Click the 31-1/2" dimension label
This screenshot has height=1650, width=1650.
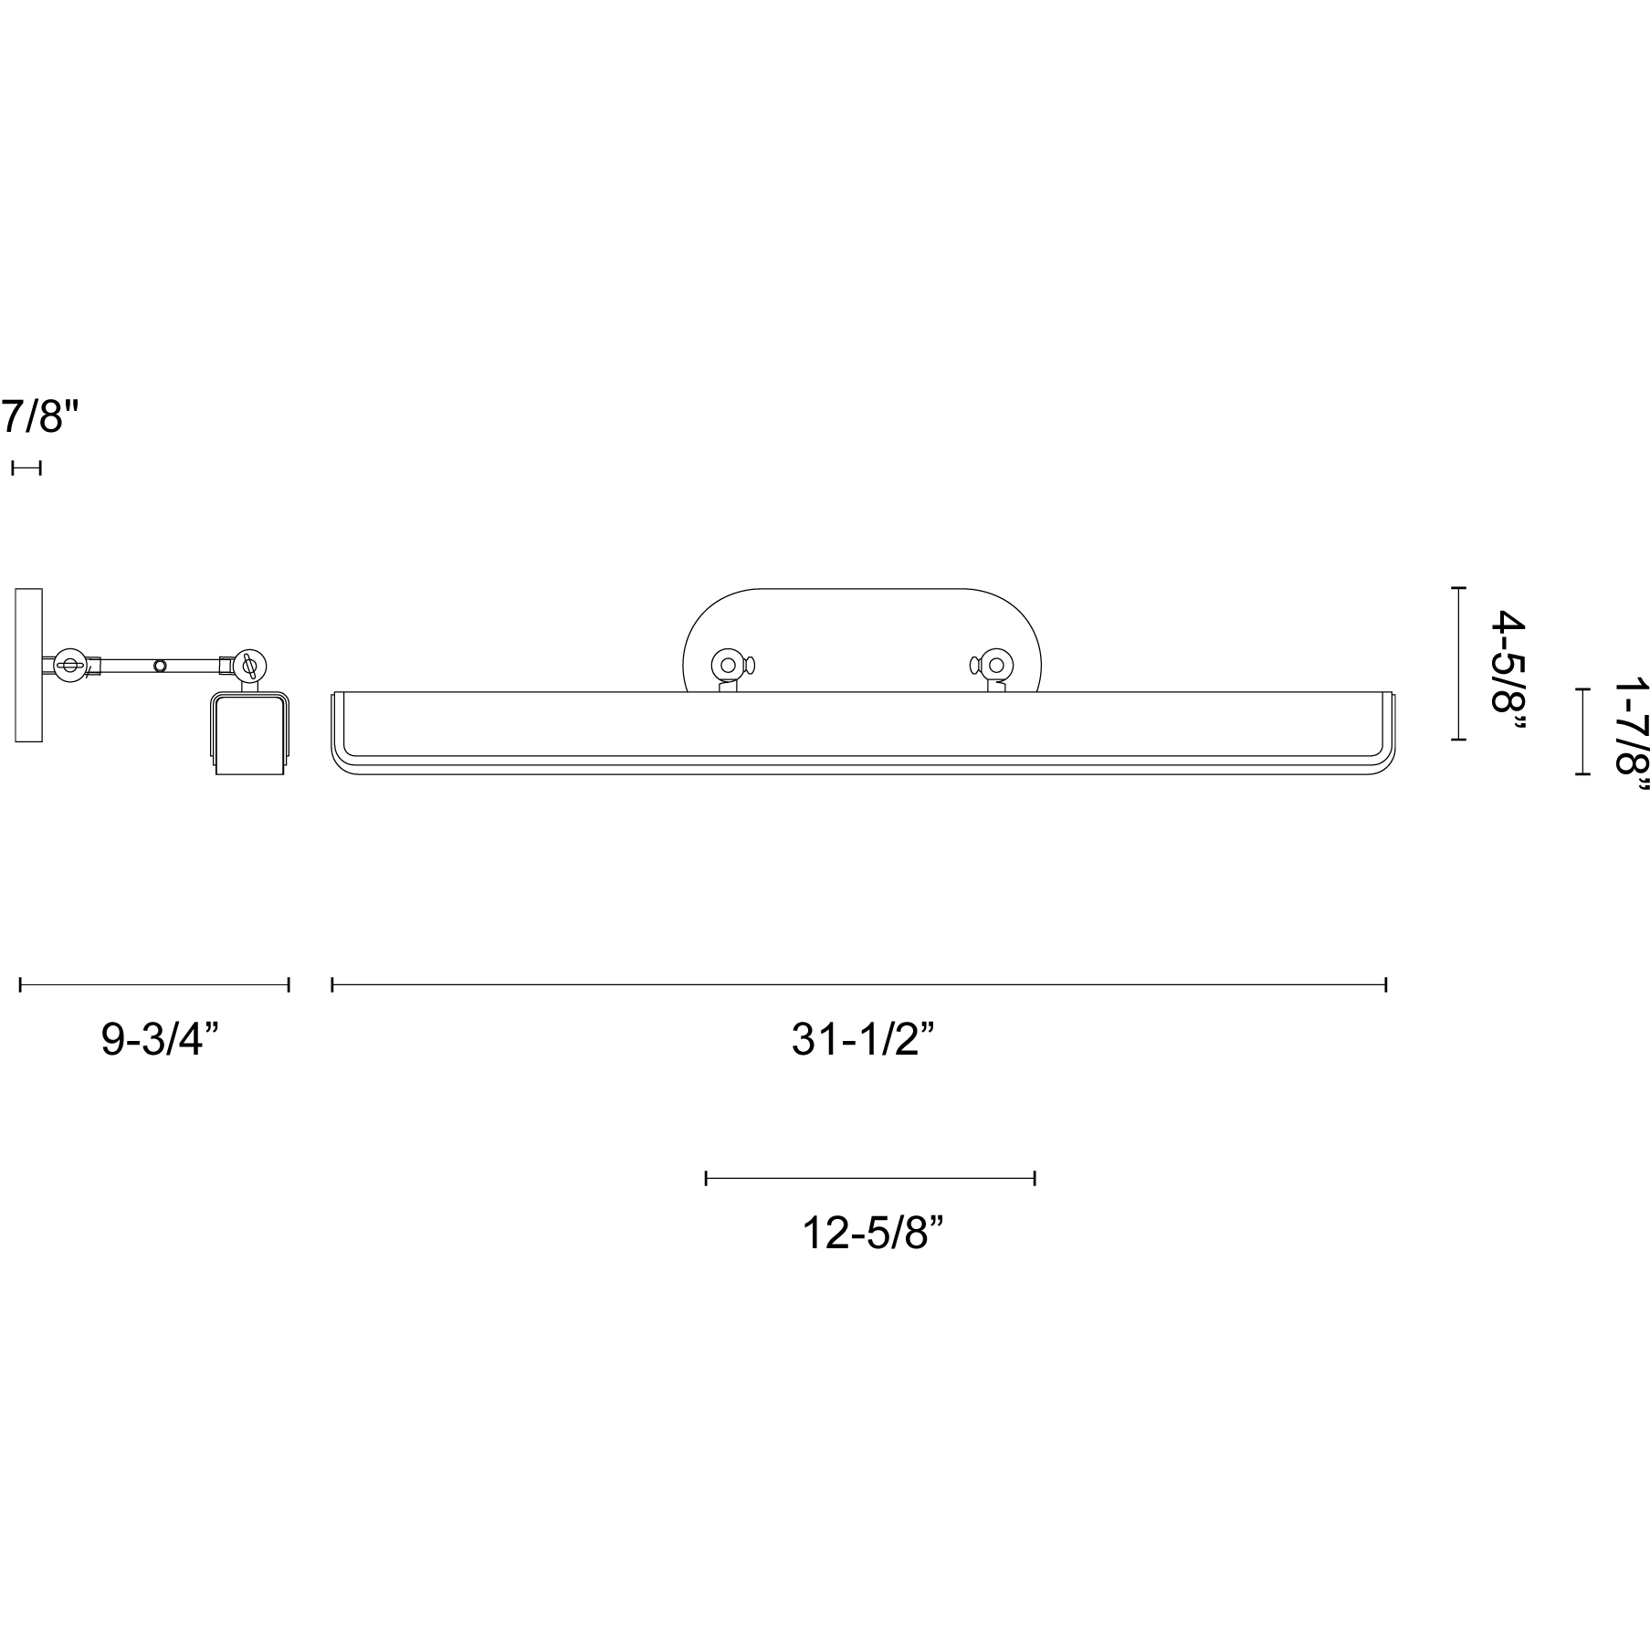coord(863,1039)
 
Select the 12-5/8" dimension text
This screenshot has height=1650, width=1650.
coord(871,1234)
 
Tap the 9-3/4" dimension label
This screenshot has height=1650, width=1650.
coord(160,1039)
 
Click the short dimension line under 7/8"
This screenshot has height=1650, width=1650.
coord(26,468)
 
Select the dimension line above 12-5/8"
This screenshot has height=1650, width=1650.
coord(870,1178)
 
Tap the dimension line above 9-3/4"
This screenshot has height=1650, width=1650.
coord(154,984)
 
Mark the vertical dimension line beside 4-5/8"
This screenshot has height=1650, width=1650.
coord(1459,664)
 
